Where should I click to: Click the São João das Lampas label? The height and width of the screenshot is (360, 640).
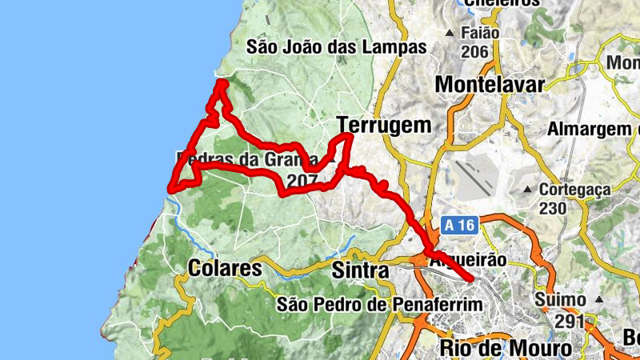[x=337, y=47]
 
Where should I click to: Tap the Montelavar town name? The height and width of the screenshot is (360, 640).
[x=490, y=84]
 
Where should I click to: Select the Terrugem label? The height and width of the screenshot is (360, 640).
[x=384, y=125]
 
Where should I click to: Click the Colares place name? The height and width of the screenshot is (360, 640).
[x=226, y=269]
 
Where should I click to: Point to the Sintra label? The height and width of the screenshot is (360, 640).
[x=360, y=271]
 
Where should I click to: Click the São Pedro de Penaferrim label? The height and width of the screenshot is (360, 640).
[x=380, y=304]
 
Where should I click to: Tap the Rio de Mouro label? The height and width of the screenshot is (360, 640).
[x=506, y=349]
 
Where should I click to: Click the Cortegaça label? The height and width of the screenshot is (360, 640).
[x=574, y=190]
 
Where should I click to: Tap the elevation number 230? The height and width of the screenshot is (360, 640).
[x=554, y=208]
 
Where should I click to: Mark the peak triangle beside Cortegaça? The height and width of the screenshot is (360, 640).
[x=528, y=190]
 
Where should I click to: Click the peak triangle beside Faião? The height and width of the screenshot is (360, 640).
[x=450, y=34]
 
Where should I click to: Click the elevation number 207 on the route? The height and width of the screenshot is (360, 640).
[x=301, y=182]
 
